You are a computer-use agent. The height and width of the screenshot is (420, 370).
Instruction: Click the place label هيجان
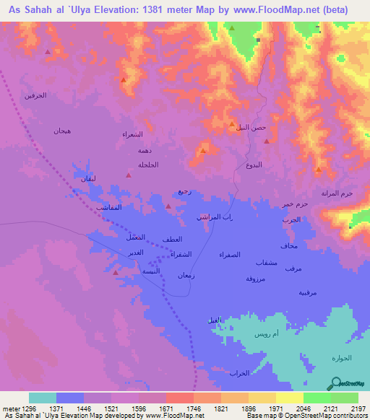(61, 131)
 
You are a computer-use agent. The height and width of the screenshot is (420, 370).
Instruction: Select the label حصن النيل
(251, 127)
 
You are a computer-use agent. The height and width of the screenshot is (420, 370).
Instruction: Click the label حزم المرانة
(336, 193)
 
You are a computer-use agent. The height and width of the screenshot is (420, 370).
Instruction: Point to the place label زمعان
(186, 276)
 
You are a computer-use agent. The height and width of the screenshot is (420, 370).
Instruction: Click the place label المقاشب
(108, 207)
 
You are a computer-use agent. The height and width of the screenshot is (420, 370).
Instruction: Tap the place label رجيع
(184, 192)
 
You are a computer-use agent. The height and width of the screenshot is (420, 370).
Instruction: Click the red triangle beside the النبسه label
(117, 274)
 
